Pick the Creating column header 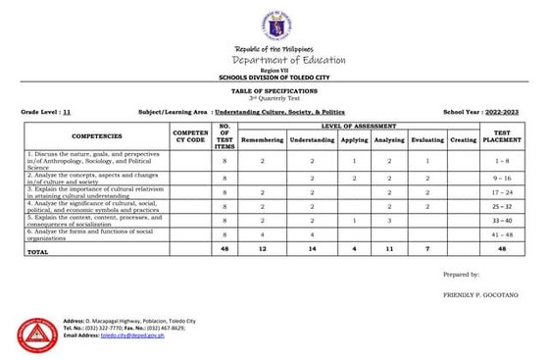[x=463, y=140]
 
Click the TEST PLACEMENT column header [x=502, y=136]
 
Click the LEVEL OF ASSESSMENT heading [x=359, y=127]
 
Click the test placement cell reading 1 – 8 [x=502, y=159]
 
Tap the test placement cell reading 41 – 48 [x=502, y=235]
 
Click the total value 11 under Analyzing [x=389, y=250]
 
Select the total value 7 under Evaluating [x=427, y=250]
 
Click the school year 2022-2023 [x=508, y=113]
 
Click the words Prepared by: [x=461, y=275]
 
